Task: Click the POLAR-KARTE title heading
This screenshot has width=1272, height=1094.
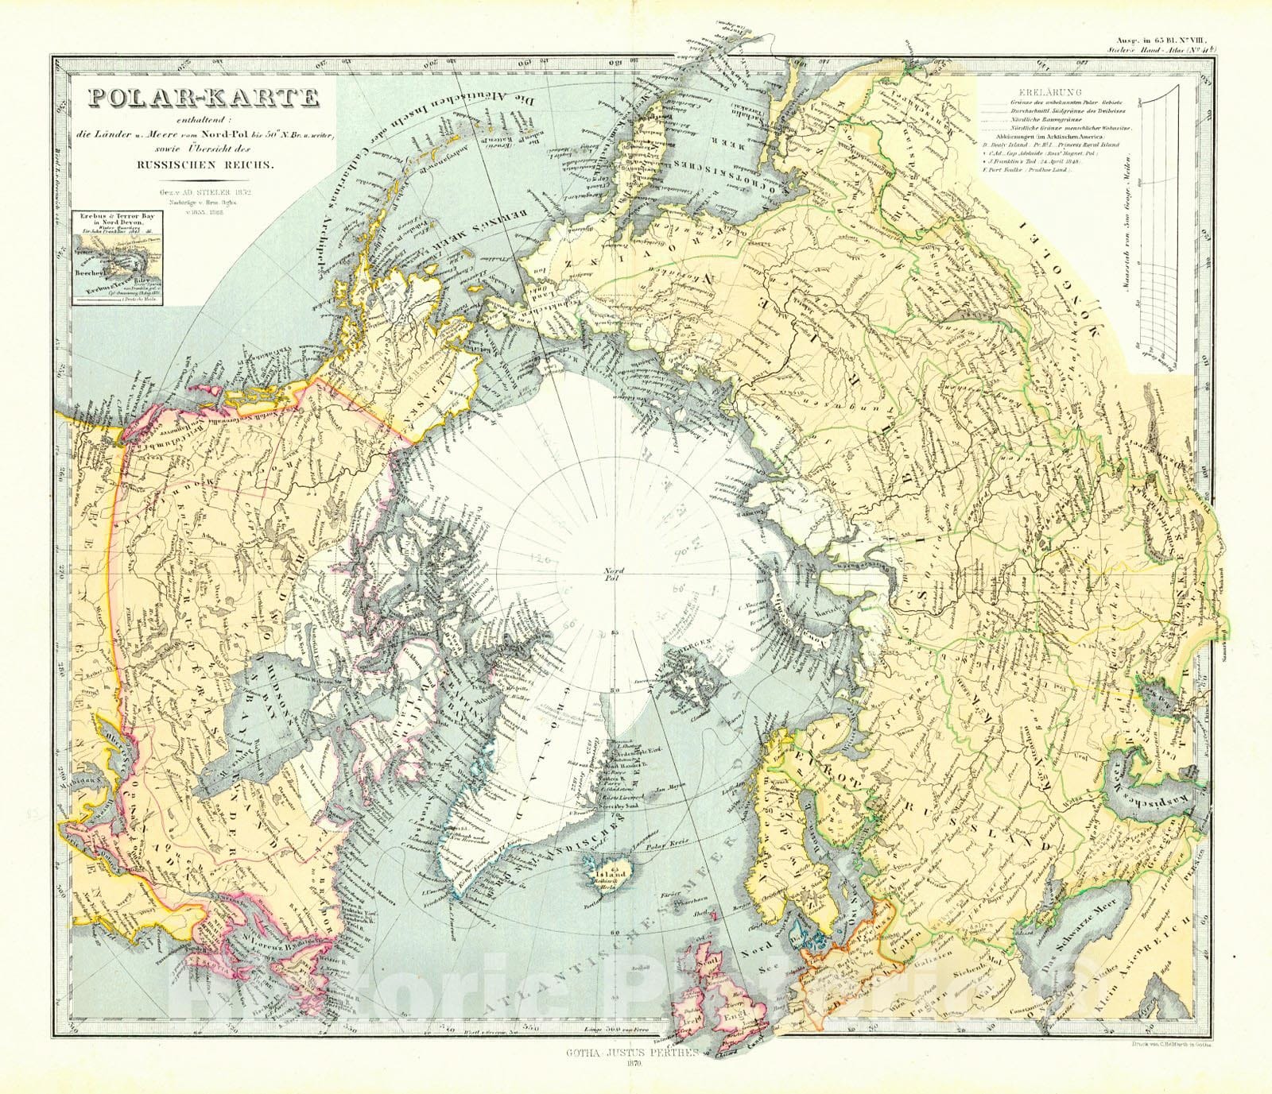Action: point(204,98)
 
